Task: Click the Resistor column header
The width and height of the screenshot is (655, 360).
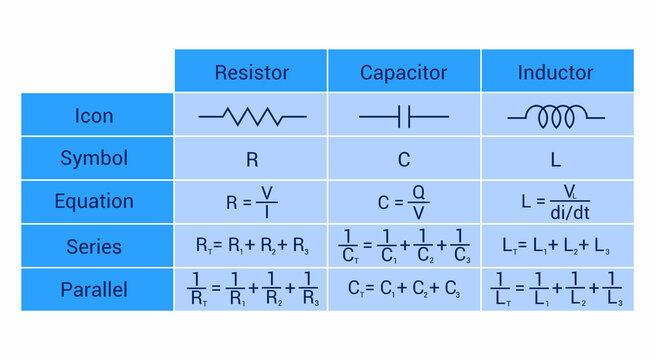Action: (x=252, y=73)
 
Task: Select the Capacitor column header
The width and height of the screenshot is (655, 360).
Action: (x=404, y=73)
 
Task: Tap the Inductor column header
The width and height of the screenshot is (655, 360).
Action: (x=555, y=73)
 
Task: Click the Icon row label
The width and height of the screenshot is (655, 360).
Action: (x=94, y=116)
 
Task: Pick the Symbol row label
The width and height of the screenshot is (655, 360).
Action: (x=94, y=158)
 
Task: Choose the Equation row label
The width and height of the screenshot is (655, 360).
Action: (x=94, y=202)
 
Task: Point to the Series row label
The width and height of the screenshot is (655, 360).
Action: (x=94, y=246)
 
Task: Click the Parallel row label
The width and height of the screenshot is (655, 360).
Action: (x=94, y=289)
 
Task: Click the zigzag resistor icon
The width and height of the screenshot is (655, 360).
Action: (x=252, y=117)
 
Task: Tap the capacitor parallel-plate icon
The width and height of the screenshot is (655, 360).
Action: (x=404, y=117)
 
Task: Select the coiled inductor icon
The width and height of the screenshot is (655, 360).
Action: (x=555, y=117)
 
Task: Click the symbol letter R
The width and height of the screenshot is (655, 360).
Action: (x=252, y=159)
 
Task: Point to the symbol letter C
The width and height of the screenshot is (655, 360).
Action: (x=404, y=159)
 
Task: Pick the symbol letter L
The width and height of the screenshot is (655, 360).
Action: (x=555, y=159)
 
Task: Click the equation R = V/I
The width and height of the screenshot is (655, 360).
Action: (x=252, y=202)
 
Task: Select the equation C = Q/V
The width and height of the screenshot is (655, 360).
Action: (x=404, y=202)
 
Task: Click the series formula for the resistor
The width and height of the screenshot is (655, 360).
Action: (x=252, y=246)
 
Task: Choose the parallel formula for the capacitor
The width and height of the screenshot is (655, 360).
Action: (x=404, y=290)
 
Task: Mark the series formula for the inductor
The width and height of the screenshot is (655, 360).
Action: (x=555, y=246)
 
